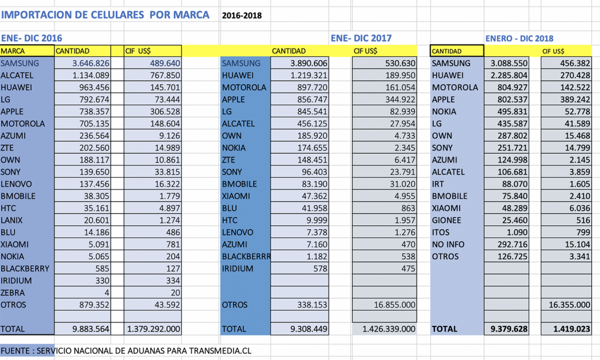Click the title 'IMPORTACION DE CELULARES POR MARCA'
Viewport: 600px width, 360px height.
click(105, 15)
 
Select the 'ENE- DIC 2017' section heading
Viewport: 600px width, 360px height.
click(361, 38)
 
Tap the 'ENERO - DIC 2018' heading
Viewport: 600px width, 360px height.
click(519, 38)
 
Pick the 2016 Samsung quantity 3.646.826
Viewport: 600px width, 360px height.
click(91, 63)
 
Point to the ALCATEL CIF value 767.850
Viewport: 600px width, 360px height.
click(165, 76)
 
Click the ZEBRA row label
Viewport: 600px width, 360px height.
click(13, 293)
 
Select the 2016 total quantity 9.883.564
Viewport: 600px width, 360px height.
click(91, 329)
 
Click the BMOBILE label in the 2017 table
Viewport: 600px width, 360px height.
click(240, 184)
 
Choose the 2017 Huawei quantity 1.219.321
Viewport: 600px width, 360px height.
click(309, 76)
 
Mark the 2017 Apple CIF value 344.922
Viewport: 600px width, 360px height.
click(400, 100)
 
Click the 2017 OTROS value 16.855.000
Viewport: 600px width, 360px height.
click(394, 305)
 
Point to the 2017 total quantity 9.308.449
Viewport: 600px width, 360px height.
click(309, 329)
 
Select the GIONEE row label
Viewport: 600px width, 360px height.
click(446, 220)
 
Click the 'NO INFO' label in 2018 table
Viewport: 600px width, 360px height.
click(448, 244)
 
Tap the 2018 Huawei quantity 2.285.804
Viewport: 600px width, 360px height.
click(509, 76)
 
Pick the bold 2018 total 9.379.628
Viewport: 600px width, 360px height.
click(509, 329)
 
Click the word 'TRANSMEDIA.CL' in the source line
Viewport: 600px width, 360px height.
click(220, 351)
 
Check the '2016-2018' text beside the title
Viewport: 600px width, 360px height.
click(242, 16)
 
